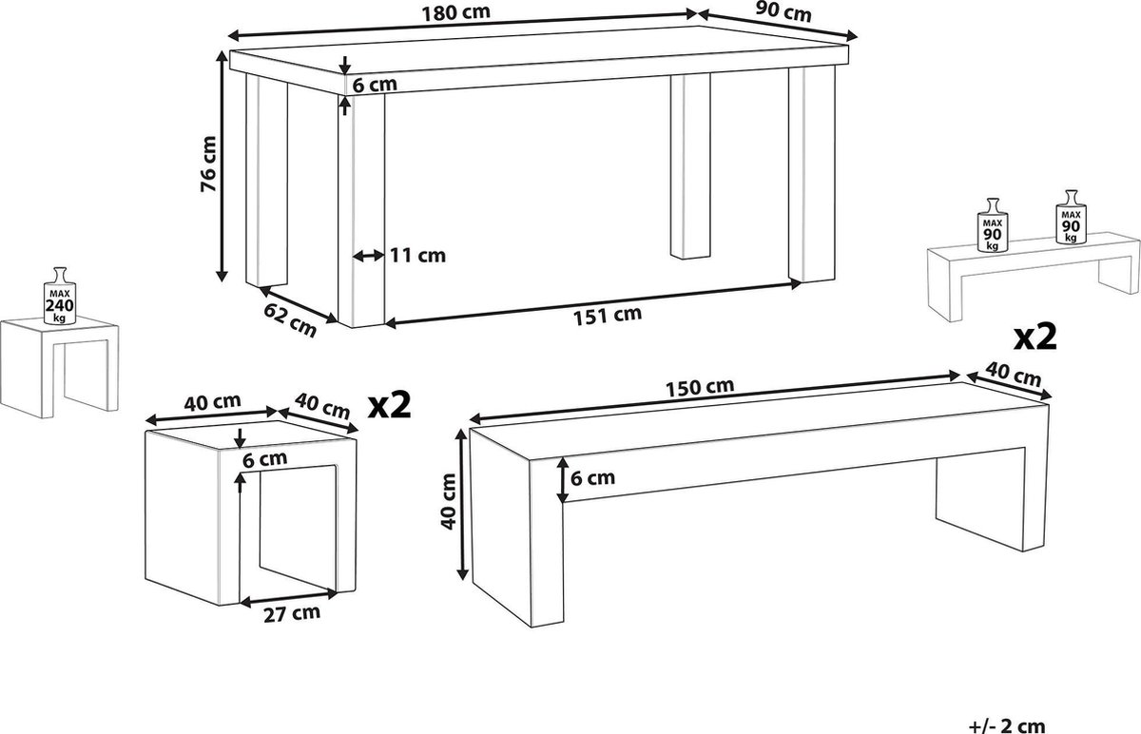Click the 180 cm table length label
[455, 13]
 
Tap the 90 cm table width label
[783, 12]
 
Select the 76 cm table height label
[209, 164]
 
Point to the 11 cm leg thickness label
[417, 255]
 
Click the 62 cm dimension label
[290, 319]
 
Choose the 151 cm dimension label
[608, 316]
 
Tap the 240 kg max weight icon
[60, 296]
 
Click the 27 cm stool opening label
[292, 614]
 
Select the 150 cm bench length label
[700, 388]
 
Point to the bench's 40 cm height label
[449, 501]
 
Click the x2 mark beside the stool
[389, 405]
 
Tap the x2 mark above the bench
[1035, 338]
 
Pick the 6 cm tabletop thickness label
[375, 85]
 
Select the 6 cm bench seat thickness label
[592, 478]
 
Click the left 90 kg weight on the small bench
[993, 225]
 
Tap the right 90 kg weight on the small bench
[1071, 217]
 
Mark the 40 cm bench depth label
[1014, 375]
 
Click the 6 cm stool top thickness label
[265, 459]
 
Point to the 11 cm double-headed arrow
[368, 256]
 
